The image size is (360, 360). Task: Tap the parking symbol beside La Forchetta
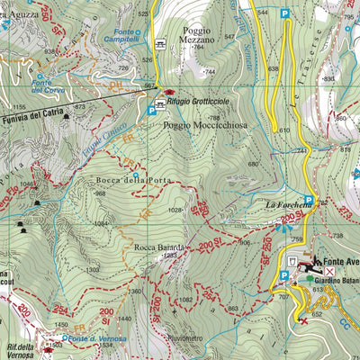[309, 201]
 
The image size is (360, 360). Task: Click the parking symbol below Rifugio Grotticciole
[150, 111]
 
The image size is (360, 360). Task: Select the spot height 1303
[92, 270]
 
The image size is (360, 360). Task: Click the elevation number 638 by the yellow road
[274, 68]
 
